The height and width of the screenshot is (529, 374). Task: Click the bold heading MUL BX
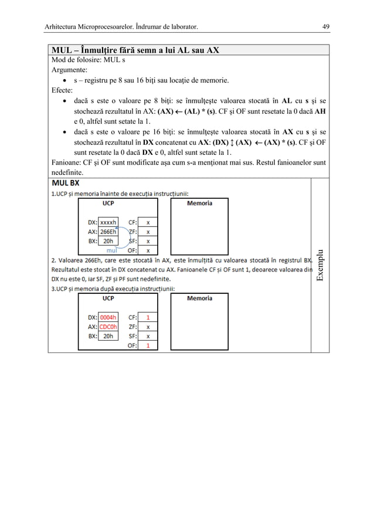click(x=67, y=182)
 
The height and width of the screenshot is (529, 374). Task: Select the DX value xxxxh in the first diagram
click(x=108, y=222)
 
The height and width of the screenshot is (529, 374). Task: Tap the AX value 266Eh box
click(x=108, y=232)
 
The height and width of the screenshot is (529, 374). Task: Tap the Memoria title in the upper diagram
click(x=199, y=203)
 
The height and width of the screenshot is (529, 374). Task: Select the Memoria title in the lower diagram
click(x=199, y=299)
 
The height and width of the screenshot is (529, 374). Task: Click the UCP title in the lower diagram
click(x=108, y=299)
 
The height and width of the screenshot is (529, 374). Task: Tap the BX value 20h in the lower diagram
click(x=108, y=337)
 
